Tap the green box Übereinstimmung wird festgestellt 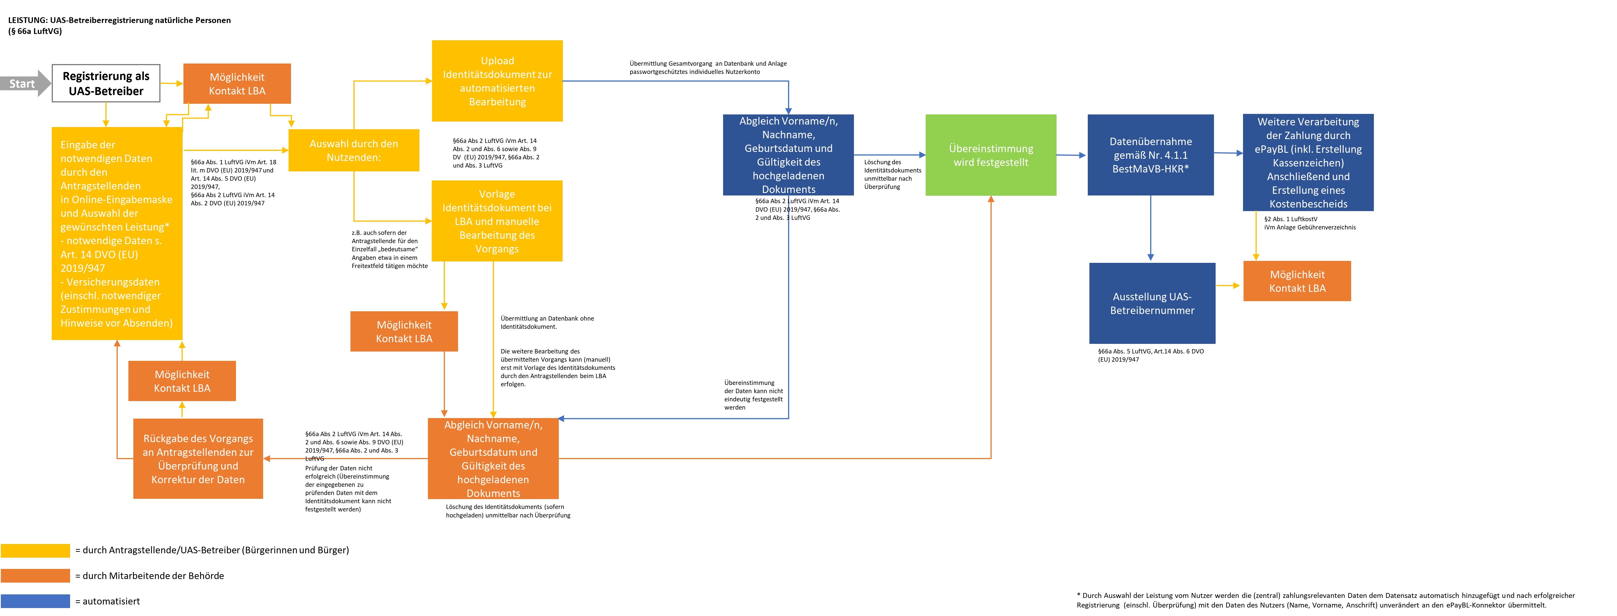coord(991,155)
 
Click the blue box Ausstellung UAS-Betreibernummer coord(1152,303)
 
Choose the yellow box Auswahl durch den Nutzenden coord(353,150)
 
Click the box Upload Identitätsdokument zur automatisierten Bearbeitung coord(497,81)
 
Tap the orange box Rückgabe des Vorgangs coord(198,458)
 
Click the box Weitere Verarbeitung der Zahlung coord(1308,162)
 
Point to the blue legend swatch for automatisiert coord(35,601)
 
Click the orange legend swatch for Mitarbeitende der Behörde coord(35,575)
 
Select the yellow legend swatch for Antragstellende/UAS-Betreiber coord(35,550)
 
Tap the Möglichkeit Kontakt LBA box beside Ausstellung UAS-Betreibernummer coord(1297,281)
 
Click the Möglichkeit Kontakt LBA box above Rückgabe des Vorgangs coord(182,381)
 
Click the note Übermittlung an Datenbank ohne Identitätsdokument coord(547,322)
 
